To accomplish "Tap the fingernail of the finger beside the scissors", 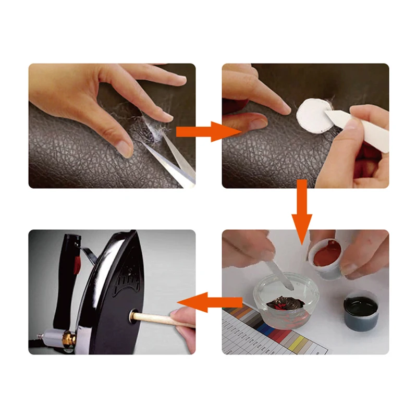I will click(x=126, y=149).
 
